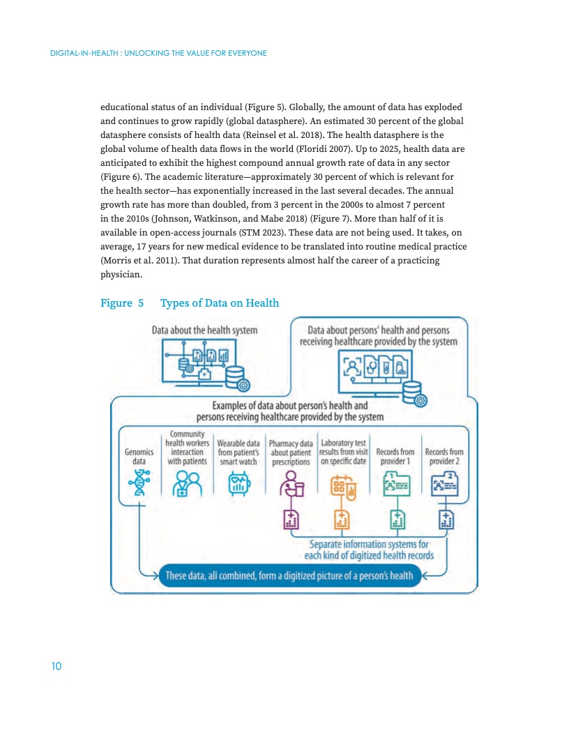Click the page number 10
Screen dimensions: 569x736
pos(56,666)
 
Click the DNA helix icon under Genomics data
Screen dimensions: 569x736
pos(139,482)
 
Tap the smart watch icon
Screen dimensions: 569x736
pos(239,484)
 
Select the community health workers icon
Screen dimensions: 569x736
pos(187,484)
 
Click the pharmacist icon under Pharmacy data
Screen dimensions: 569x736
pos(291,484)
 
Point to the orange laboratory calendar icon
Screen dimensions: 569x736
pos(343,487)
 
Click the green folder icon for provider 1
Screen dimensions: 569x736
pos(397,484)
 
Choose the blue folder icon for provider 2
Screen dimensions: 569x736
pos(445,484)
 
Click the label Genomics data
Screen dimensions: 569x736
pos(139,457)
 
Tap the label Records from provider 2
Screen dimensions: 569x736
pos(444,457)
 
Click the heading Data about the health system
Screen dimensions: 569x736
pos(205,330)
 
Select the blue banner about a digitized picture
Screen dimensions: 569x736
pos(289,576)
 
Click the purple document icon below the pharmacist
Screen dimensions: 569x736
pos(291,520)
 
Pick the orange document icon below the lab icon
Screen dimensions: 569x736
pos(342,520)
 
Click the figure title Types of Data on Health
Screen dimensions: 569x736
pos(220,303)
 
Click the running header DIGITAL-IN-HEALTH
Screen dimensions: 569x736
pos(84,53)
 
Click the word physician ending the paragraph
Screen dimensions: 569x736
pos(121,275)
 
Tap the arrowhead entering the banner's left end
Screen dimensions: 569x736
pos(155,576)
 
